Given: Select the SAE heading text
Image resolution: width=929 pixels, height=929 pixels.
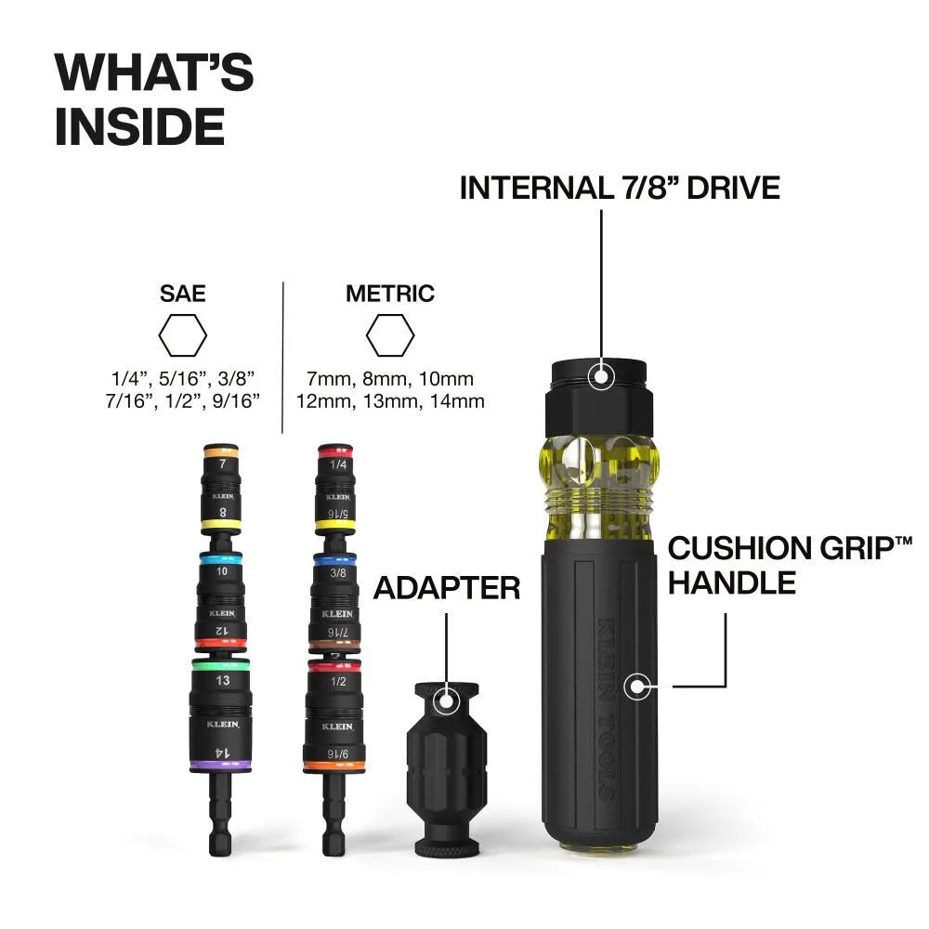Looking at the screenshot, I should click(x=182, y=294).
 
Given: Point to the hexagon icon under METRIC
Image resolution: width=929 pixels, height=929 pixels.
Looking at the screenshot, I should click(x=389, y=336).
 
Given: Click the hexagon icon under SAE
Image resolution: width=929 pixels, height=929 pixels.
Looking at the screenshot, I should click(x=182, y=336).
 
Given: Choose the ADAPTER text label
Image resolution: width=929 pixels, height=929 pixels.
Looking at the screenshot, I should click(x=446, y=587).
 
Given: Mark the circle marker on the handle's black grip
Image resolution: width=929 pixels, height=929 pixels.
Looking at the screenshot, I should click(x=636, y=687).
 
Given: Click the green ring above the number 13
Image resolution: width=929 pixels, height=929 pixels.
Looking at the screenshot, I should click(x=220, y=665).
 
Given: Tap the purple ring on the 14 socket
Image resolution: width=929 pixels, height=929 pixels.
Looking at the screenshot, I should click(x=220, y=765).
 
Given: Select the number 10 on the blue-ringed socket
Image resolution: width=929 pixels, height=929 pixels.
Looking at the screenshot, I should click(x=221, y=572).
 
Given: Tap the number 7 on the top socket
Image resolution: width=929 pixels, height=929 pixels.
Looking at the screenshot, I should click(x=221, y=462).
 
